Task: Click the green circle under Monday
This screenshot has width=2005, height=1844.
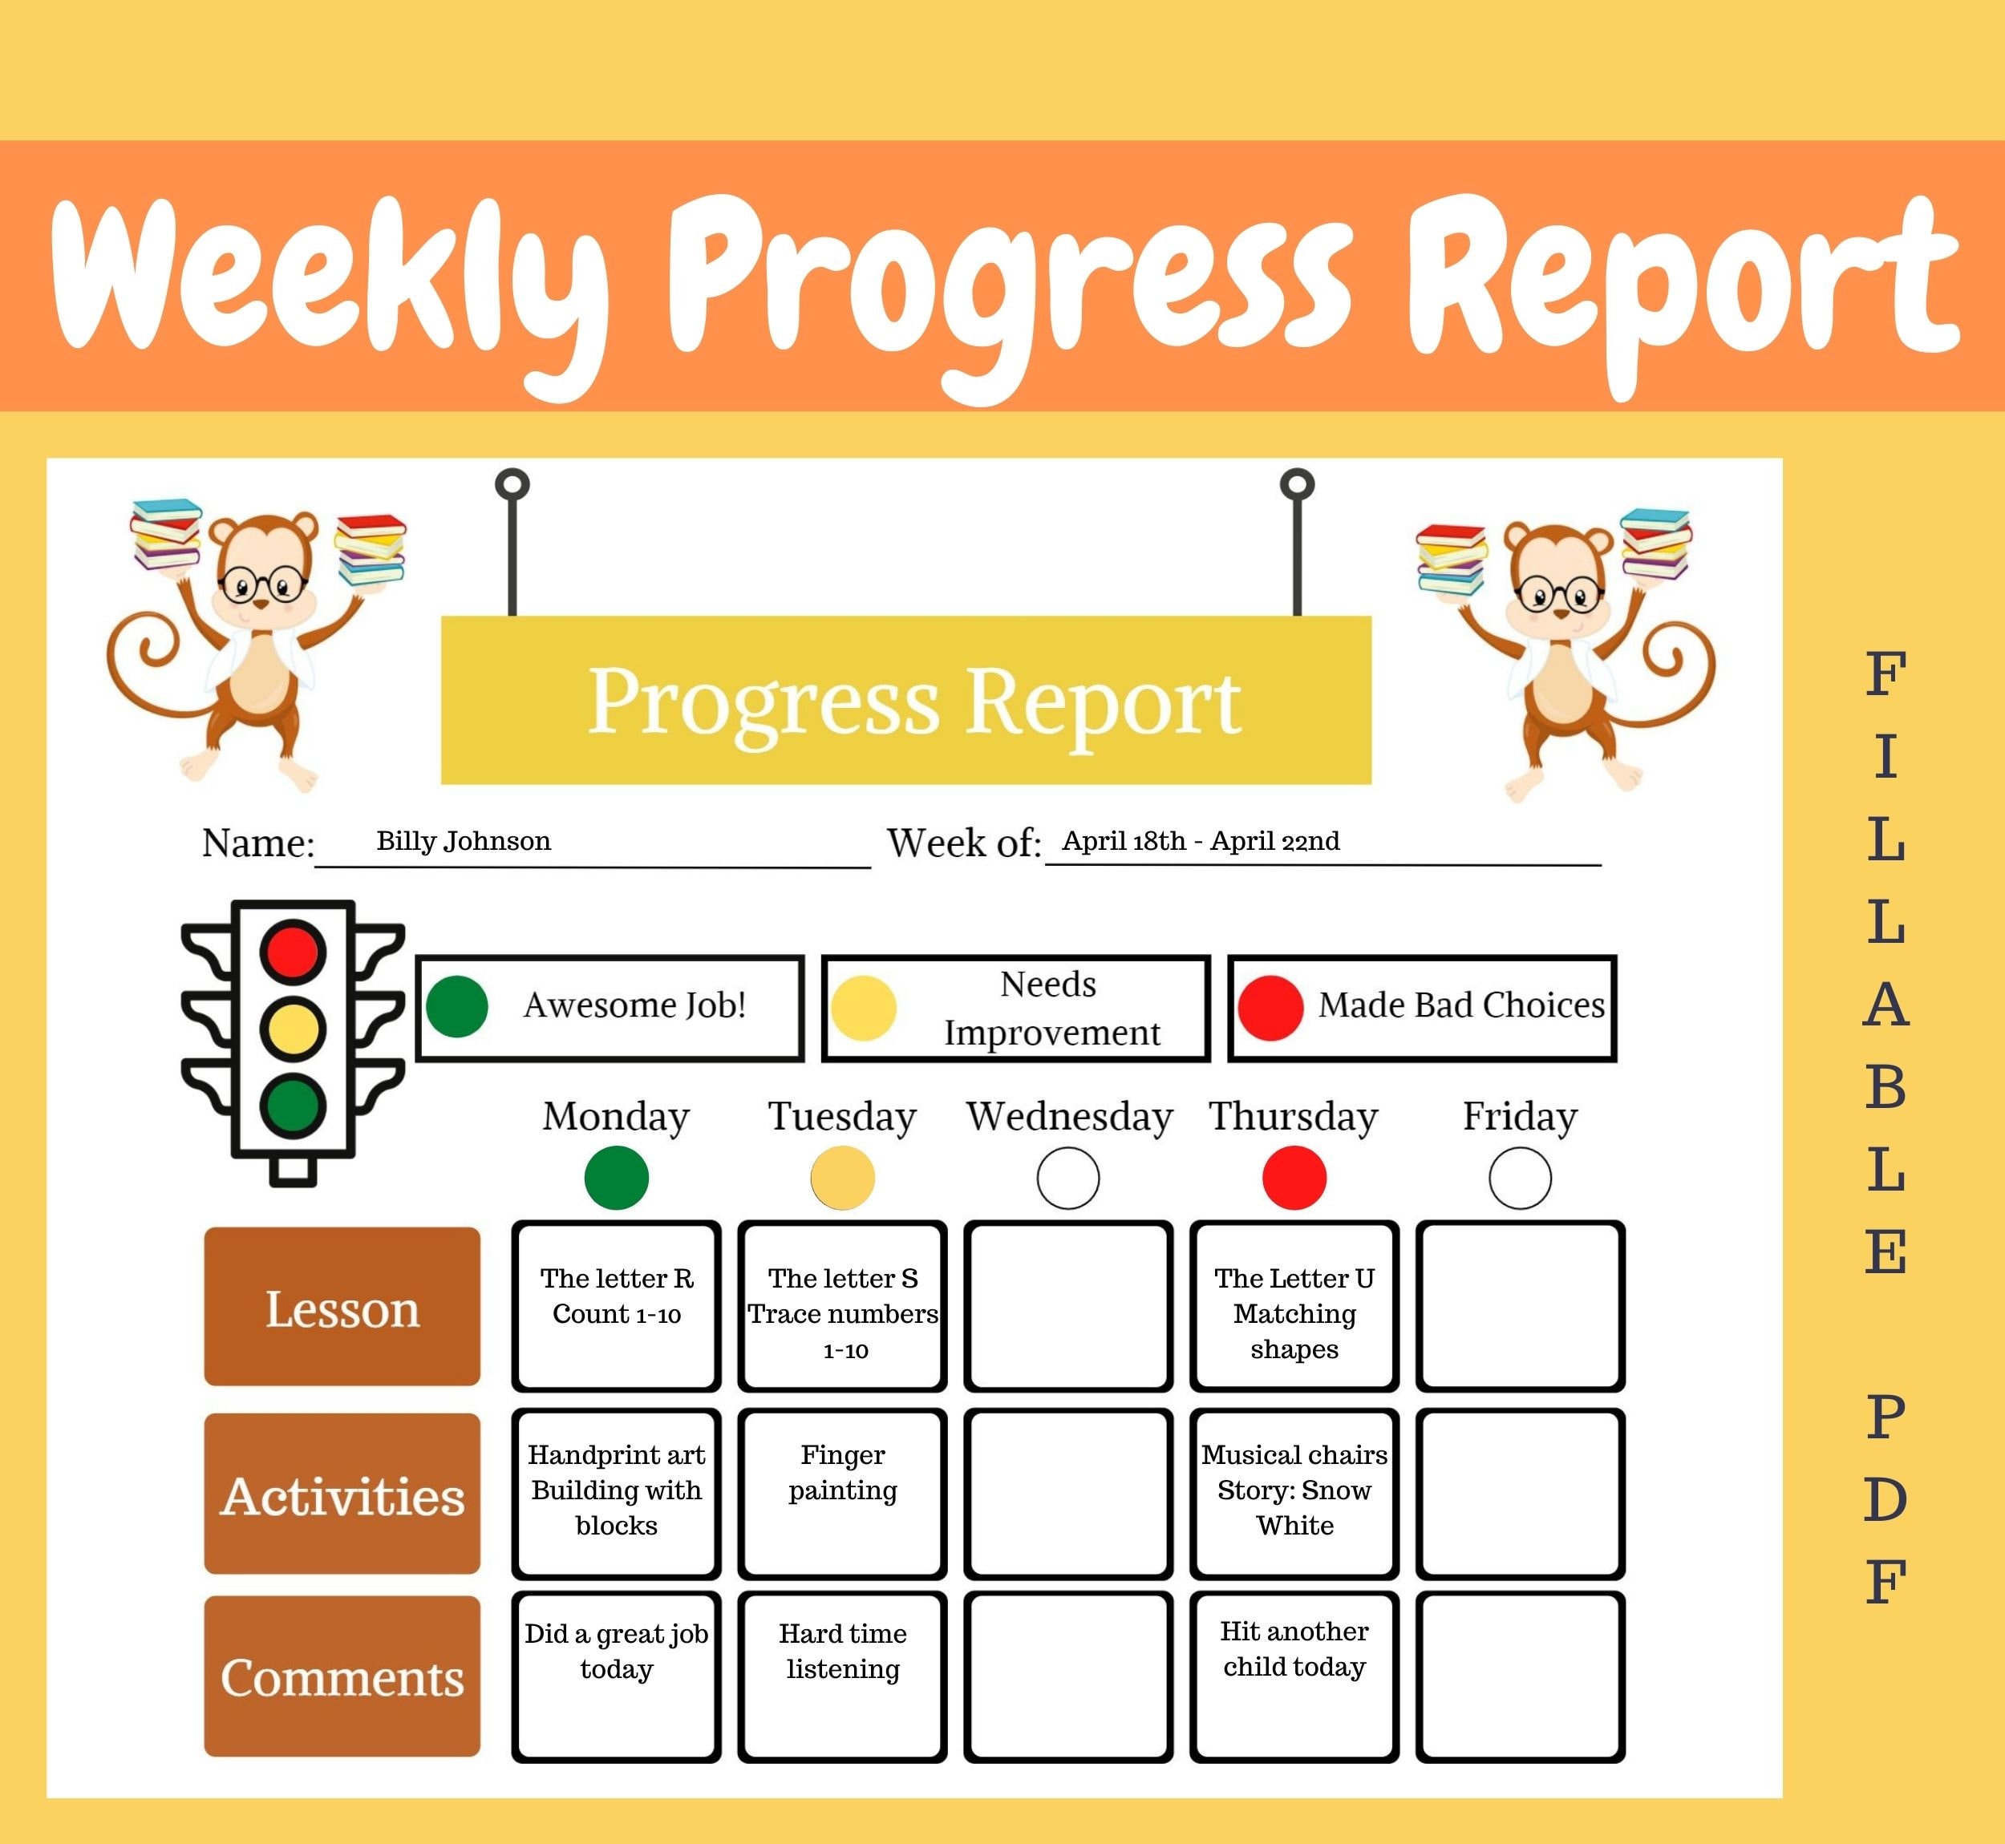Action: pyautogui.click(x=616, y=1178)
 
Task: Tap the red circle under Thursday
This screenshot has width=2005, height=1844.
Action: pyautogui.click(x=1294, y=1178)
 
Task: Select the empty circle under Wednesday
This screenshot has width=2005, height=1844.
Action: pyautogui.click(x=1068, y=1178)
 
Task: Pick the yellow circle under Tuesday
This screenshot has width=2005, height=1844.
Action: pyautogui.click(x=842, y=1178)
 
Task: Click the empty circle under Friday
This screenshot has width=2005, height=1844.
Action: pyautogui.click(x=1519, y=1178)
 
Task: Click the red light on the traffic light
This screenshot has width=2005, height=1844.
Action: pyautogui.click(x=293, y=950)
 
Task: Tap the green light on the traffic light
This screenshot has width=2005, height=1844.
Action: pyautogui.click(x=293, y=1105)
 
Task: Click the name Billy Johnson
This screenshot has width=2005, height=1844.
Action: pyautogui.click(x=463, y=840)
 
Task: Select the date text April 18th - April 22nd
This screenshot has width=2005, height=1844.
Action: pyautogui.click(x=1200, y=840)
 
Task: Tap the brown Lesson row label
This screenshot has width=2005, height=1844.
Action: pyautogui.click(x=342, y=1306)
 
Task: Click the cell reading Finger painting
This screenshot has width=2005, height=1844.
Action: pyautogui.click(x=842, y=1493)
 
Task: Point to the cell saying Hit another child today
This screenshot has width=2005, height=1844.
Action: pyautogui.click(x=1294, y=1676)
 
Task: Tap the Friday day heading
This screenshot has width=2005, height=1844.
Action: pyautogui.click(x=1519, y=1115)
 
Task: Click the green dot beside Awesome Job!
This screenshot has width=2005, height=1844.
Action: pyautogui.click(x=456, y=1006)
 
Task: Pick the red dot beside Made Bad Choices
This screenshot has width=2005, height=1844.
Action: pyautogui.click(x=1270, y=1007)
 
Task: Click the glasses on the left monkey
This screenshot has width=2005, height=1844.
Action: pyautogui.click(x=261, y=583)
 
